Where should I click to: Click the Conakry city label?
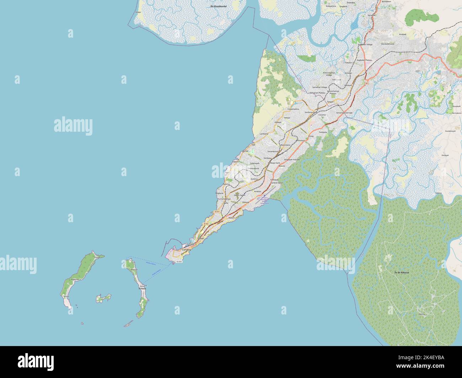pyautogui.click(x=186, y=250)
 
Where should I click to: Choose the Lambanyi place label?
pyautogui.click(x=264, y=134)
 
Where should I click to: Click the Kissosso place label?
pyautogui.click(x=301, y=141)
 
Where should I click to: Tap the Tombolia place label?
pyautogui.click(x=323, y=132)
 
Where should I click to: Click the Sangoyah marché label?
pyautogui.click(x=291, y=160)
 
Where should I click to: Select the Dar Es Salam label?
pyautogui.click(x=240, y=195)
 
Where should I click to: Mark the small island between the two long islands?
pyautogui.click(x=103, y=298)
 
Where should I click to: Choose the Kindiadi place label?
pyautogui.click(x=403, y=34)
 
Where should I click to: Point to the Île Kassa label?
pyautogui.click(x=142, y=289)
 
